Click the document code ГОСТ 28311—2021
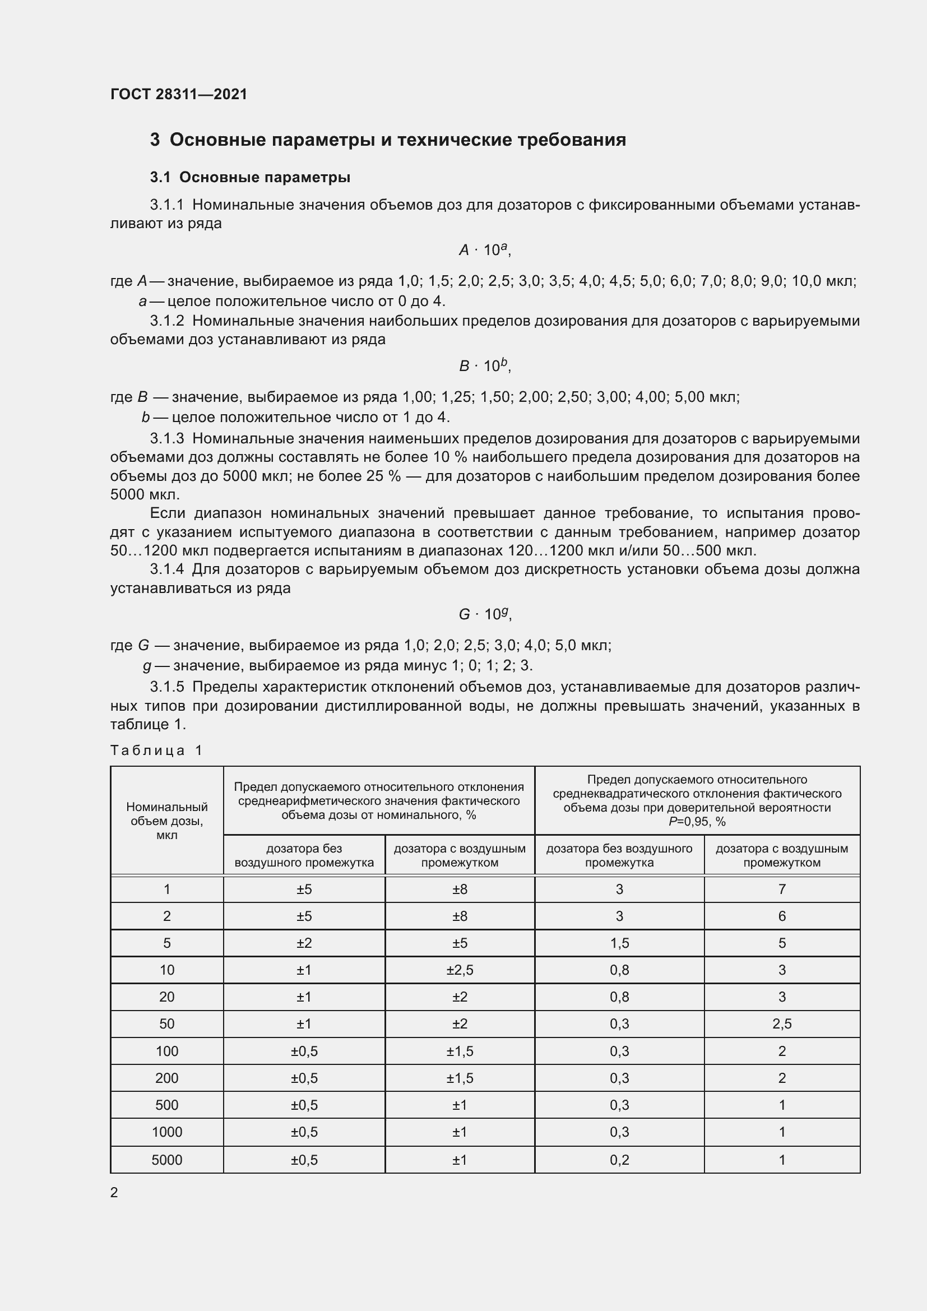179,94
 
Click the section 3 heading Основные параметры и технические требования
388,140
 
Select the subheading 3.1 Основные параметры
250,178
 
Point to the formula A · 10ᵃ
484,250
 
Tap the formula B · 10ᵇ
484,365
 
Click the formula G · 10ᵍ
484,614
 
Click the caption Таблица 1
156,751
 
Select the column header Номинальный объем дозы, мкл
166,821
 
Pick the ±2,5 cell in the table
460,970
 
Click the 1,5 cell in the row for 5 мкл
619,943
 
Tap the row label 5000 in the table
166,1160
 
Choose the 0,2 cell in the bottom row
619,1160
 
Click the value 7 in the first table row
781,889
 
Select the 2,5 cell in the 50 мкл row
781,1024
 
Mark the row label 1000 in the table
166,1132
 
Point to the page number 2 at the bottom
114,1192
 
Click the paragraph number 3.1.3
166,438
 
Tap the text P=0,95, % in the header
697,822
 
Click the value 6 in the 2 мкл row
781,916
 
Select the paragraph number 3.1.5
166,687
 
